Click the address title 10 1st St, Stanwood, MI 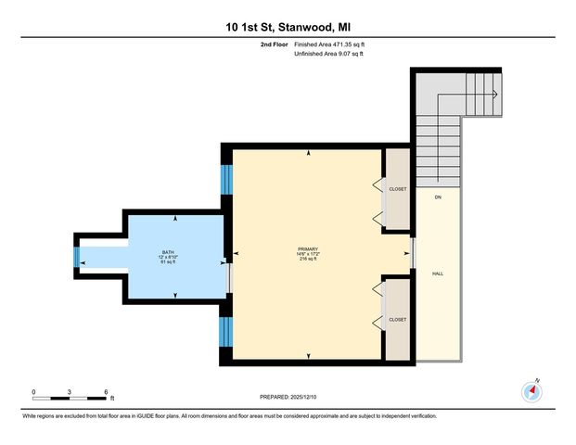[288, 28]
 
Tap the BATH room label [168, 252]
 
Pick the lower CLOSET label [399, 320]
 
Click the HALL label [438, 274]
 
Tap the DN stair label [437, 197]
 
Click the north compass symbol [532, 389]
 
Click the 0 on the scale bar [33, 390]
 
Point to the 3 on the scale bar [70, 390]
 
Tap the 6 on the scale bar [108, 390]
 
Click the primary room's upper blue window [225, 179]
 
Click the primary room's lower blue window [225, 330]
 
